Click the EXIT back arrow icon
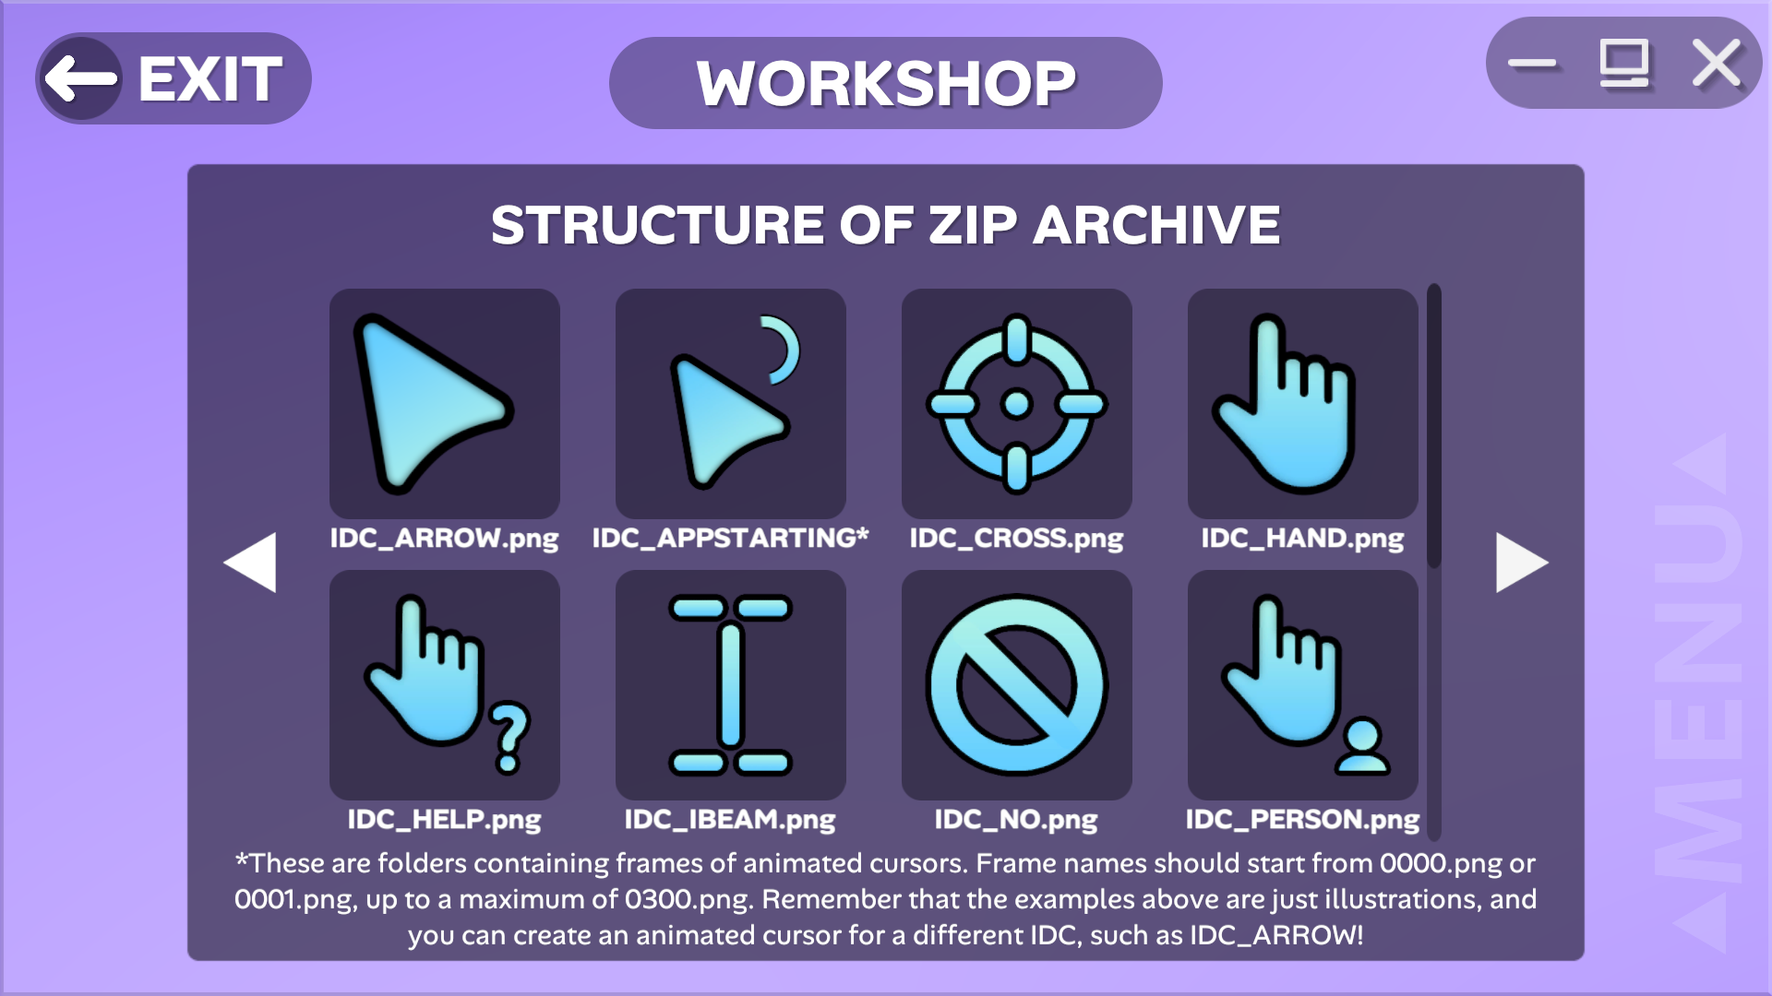(x=81, y=78)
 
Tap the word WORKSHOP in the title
(x=886, y=84)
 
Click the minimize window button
(x=1532, y=64)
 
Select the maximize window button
(x=1624, y=64)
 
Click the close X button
(x=1717, y=64)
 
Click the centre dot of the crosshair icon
(x=1017, y=404)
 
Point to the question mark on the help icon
(x=509, y=737)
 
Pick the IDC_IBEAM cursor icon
(x=730, y=685)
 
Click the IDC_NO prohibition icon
(x=1017, y=685)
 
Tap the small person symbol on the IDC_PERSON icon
(x=1362, y=747)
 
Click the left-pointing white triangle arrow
(x=251, y=562)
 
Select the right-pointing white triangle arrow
(x=1521, y=562)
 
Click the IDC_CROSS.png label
(x=1017, y=539)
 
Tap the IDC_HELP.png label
(x=444, y=820)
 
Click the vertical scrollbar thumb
(x=1434, y=425)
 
